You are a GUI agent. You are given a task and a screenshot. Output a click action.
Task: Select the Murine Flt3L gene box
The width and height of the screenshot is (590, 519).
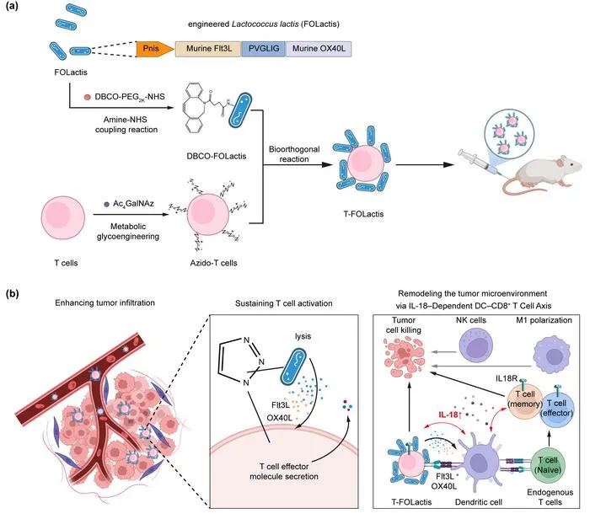[x=208, y=49]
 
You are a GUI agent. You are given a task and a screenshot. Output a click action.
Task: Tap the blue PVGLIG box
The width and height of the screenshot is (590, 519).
[x=263, y=49]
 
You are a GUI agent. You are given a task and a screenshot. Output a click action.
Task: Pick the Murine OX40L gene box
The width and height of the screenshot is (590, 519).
[x=319, y=49]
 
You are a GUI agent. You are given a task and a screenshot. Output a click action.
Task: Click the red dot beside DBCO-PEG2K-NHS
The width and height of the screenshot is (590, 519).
[x=88, y=97]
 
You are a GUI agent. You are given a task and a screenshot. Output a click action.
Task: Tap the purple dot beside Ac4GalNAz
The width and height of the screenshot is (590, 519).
[x=106, y=204]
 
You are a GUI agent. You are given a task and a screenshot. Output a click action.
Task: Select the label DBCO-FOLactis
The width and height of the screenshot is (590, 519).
[x=217, y=156]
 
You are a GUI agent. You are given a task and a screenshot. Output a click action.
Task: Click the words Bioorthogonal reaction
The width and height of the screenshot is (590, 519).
[x=294, y=154]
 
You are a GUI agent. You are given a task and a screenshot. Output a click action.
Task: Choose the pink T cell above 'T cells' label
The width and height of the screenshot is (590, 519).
[x=63, y=217]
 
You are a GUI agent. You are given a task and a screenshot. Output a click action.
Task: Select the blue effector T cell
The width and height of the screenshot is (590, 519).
[x=557, y=408]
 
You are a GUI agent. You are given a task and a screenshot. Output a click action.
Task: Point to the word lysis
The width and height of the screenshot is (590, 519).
[x=303, y=336]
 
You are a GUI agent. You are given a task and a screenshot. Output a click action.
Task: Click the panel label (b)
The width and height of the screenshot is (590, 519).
[x=13, y=294]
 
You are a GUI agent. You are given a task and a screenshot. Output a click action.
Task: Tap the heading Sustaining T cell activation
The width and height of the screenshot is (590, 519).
[x=284, y=303]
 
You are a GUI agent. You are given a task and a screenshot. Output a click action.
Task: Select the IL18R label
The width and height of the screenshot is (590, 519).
[x=507, y=378]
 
